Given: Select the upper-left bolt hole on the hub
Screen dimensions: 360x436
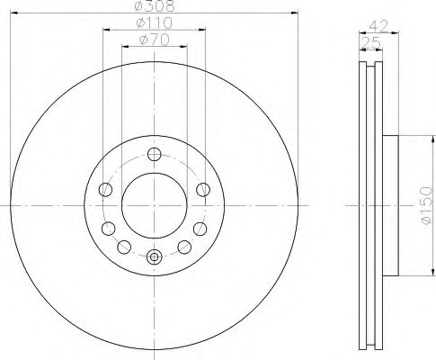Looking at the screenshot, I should [x=105, y=188].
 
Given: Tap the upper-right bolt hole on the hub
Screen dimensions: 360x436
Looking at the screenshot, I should [x=203, y=188].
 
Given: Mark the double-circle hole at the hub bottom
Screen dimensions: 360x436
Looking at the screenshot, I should [x=154, y=257].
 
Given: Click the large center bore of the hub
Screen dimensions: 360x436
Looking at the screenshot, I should [x=154, y=202].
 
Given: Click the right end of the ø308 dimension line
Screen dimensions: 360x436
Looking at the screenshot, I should [x=297, y=13].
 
